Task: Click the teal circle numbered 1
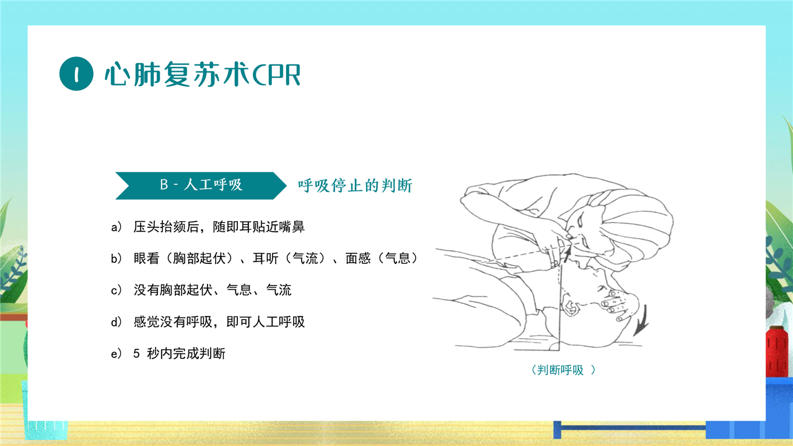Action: pos(76,74)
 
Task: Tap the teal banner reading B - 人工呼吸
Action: pos(201,185)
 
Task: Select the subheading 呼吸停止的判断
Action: pos(355,185)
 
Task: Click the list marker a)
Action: pos(116,227)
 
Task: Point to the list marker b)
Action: pos(116,258)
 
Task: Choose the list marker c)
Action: pos(116,291)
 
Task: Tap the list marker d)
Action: pos(116,322)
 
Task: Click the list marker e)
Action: pos(116,354)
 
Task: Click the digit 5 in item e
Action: pos(137,354)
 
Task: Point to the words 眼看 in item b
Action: pos(147,258)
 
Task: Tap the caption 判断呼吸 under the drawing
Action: pos(561,370)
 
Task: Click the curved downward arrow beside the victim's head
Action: pos(641,320)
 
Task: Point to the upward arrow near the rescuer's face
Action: pos(567,254)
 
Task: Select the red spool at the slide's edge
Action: pos(777,352)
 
